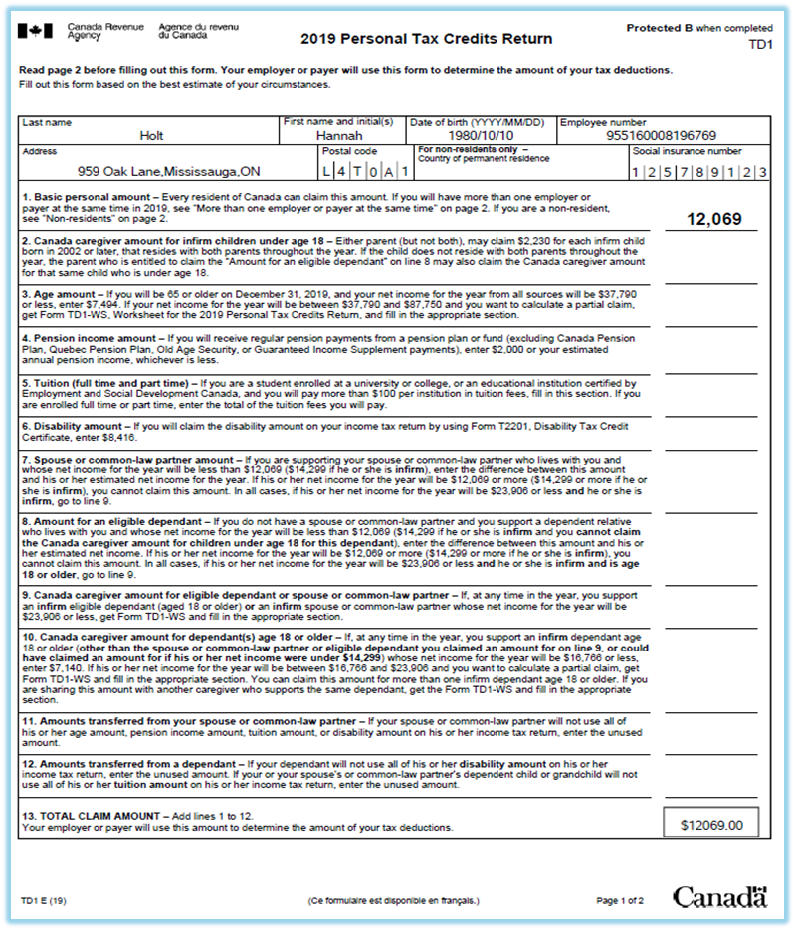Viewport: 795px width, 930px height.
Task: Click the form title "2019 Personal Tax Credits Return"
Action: pyautogui.click(x=426, y=40)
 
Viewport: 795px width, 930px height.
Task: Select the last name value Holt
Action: pyautogui.click(x=151, y=134)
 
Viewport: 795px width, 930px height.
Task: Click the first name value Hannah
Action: pyautogui.click(x=340, y=134)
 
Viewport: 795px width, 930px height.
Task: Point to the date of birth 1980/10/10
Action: pyautogui.click(x=479, y=134)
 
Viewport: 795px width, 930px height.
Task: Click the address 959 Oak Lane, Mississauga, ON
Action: pyautogui.click(x=169, y=171)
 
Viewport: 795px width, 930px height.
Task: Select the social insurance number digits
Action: pyautogui.click(x=699, y=172)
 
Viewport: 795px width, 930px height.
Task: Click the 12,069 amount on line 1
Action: pyautogui.click(x=713, y=219)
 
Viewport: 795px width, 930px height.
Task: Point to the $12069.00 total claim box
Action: pyautogui.click(x=712, y=825)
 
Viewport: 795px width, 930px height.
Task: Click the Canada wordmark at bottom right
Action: pyautogui.click(x=719, y=897)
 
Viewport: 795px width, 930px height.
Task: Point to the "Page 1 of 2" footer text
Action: pyautogui.click(x=619, y=901)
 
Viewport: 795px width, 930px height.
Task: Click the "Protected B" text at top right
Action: pyautogui.click(x=659, y=28)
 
